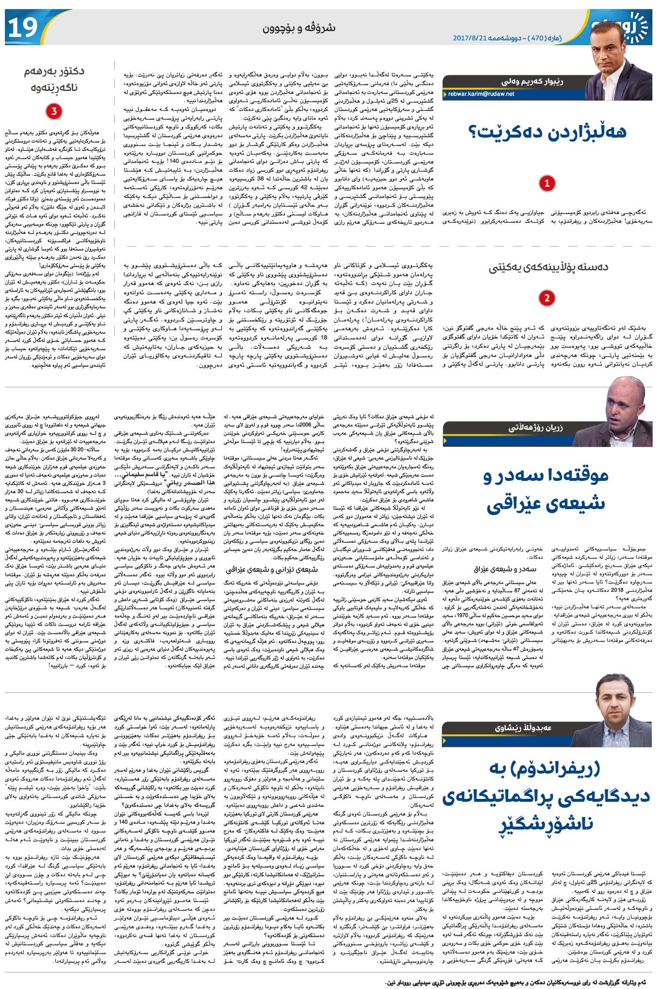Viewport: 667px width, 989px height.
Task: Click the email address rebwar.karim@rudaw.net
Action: tap(481, 94)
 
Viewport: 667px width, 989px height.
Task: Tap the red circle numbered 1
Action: tap(547, 183)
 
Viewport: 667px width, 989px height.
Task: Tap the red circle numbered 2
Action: tap(547, 298)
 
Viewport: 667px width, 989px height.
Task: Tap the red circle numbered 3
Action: tap(54, 111)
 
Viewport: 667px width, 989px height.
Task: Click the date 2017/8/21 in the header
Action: tap(470, 37)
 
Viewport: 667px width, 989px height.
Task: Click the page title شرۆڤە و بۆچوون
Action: tap(298, 28)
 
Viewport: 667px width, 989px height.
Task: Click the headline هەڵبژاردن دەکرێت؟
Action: tap(547, 132)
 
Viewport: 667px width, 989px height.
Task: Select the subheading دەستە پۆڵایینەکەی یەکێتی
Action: tap(548, 267)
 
